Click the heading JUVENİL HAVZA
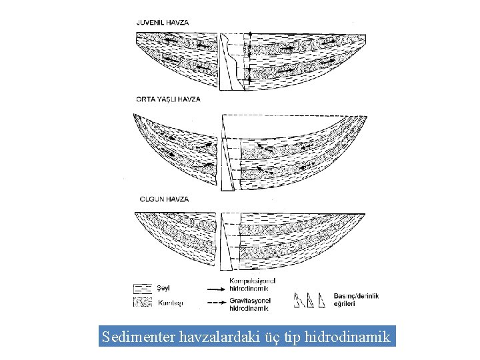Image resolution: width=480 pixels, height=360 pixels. [x=163, y=22]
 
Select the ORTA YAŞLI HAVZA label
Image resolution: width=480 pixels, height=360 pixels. [x=168, y=99]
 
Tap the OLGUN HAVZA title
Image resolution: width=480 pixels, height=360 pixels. [x=163, y=199]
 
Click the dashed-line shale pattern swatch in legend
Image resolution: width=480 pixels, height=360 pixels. [x=143, y=289]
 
